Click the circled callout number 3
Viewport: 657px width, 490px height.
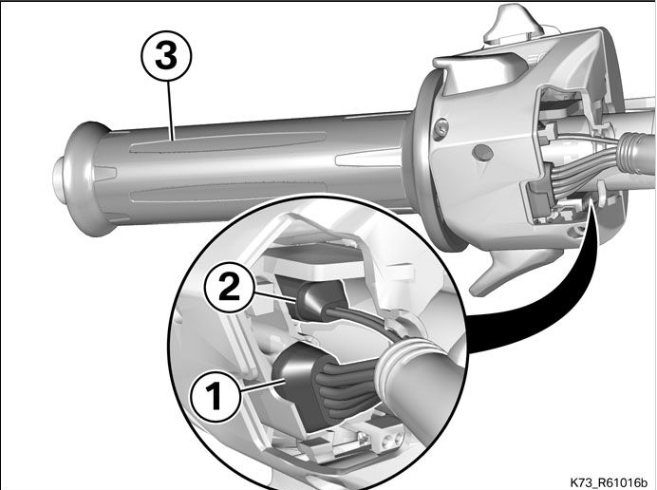coord(166,56)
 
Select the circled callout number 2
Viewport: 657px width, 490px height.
coord(229,288)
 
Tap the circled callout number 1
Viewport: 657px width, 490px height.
coord(216,396)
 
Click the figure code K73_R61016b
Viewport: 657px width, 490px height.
coord(609,482)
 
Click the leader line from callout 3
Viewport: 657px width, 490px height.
coord(170,111)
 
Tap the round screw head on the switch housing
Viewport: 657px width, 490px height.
coord(441,129)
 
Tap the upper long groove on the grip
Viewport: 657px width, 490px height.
coord(228,141)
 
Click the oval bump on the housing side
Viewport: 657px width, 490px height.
coord(482,153)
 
